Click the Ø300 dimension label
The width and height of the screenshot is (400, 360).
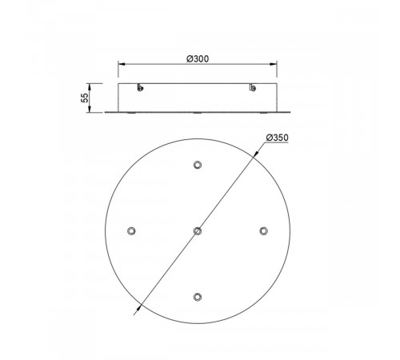[x=198, y=59]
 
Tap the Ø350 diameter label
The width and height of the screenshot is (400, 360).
[x=275, y=138]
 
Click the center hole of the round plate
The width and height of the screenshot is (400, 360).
[x=197, y=230]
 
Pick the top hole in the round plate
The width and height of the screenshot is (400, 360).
[x=197, y=166]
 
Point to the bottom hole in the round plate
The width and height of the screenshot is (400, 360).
[x=197, y=297]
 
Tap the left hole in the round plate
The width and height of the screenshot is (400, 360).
[x=131, y=230]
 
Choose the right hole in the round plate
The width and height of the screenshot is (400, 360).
[x=262, y=230]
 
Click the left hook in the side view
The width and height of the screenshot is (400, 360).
[x=140, y=89]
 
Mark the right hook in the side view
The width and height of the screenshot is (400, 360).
[x=254, y=89]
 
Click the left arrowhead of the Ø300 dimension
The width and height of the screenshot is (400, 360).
[x=121, y=66]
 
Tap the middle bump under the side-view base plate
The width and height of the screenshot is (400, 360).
[x=197, y=114]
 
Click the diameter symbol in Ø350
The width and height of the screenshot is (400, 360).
[x=266, y=138]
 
